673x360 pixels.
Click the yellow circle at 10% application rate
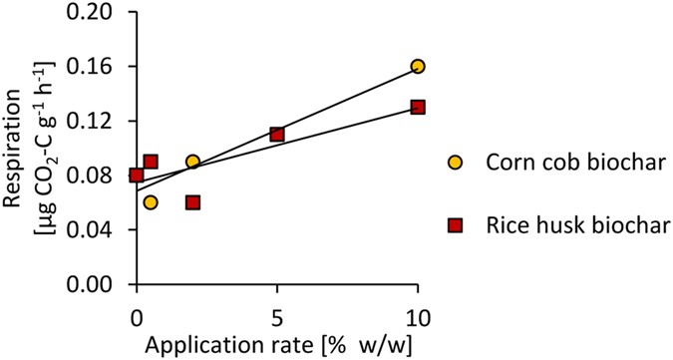(418, 66)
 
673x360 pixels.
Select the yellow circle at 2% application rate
(192, 162)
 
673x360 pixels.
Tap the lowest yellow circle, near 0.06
(151, 202)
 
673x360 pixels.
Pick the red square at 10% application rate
(418, 107)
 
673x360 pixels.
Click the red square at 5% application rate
(277, 134)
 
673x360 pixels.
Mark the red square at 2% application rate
(192, 202)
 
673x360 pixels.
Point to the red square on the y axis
(137, 176)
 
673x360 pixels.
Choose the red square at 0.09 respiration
(151, 162)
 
